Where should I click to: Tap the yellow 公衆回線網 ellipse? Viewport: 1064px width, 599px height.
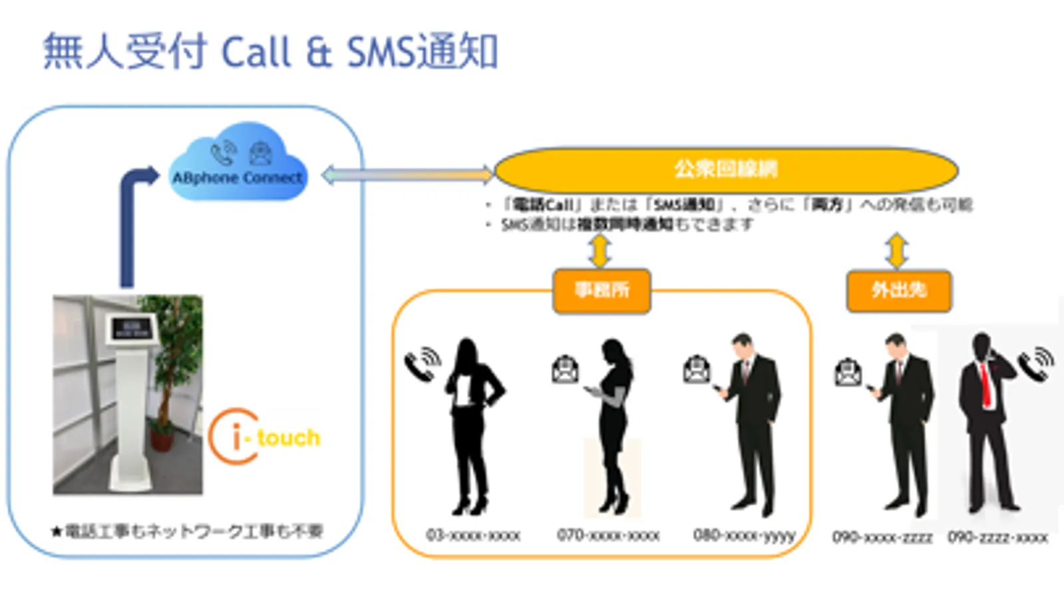pos(725,169)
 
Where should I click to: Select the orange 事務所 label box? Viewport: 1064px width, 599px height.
pos(602,290)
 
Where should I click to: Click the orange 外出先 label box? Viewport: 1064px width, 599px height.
pos(898,290)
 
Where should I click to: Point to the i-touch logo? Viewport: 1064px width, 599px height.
pos(265,437)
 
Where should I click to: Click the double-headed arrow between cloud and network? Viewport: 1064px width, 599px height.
pos(407,175)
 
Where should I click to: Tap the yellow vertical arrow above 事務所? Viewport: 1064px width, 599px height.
pos(600,251)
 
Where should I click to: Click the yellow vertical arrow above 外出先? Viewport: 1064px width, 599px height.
pos(897,251)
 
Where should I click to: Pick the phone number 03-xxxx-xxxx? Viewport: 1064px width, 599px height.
pos(473,535)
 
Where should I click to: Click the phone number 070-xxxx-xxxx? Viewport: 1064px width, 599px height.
pos(608,535)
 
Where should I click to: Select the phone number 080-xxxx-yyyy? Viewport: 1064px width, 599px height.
pos(744,535)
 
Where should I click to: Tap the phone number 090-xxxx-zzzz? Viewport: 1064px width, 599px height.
pos(882,536)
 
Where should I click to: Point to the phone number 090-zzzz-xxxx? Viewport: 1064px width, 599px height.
pos(997,536)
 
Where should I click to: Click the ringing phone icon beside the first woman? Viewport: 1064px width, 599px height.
pos(422,364)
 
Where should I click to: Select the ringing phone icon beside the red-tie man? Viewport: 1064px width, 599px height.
pos(1036,363)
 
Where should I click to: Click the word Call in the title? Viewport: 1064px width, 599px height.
pos(256,52)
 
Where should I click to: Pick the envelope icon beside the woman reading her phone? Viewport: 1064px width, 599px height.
pos(565,369)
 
